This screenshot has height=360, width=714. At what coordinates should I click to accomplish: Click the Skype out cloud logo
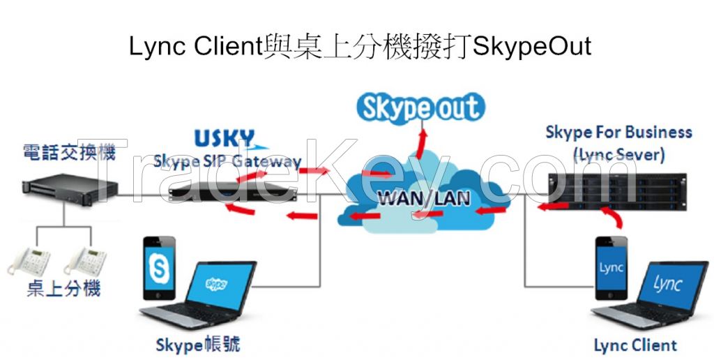point(419,108)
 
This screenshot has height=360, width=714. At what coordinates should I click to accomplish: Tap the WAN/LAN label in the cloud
point(423,197)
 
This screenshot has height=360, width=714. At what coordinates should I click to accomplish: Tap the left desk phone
point(29,262)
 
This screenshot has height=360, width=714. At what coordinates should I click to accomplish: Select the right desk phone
point(85,262)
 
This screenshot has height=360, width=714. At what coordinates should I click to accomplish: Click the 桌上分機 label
point(63,287)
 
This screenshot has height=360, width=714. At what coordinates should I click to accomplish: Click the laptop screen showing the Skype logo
point(216,285)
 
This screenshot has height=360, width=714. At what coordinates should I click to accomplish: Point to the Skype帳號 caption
point(199,344)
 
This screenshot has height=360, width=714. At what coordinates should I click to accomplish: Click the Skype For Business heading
point(618,132)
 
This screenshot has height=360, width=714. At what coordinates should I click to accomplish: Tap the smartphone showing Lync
point(612,269)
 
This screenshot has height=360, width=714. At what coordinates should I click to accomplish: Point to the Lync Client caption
point(635,345)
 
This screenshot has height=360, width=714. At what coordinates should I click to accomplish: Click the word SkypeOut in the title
point(532,46)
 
